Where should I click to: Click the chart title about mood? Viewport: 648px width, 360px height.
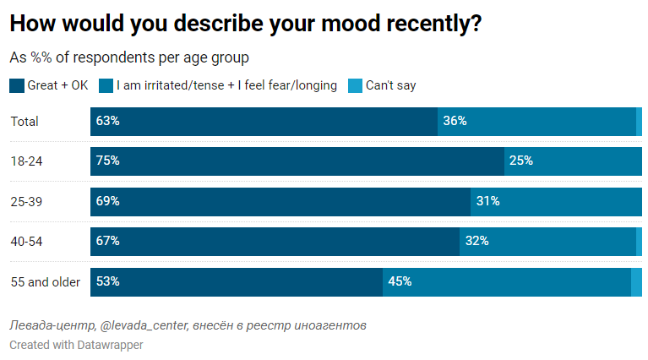[246, 25]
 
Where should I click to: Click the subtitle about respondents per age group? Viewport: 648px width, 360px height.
[128, 58]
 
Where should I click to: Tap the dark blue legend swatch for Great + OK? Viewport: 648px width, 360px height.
[16, 85]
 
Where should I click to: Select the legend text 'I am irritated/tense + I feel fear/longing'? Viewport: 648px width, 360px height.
[226, 85]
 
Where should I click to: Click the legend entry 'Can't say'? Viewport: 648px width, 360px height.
[390, 85]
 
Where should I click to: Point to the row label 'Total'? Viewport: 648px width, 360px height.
[25, 122]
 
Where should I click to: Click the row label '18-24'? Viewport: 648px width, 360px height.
[25, 161]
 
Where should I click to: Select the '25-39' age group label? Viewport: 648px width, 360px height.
[26, 201]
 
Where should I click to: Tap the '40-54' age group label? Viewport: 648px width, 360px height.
[26, 242]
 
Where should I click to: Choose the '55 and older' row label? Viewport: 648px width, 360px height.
[45, 282]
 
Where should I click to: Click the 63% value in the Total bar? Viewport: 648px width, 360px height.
[108, 122]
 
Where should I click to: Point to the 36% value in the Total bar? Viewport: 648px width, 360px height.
[455, 122]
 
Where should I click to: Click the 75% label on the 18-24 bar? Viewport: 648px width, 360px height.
[108, 161]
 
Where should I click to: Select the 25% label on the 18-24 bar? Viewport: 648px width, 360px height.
[520, 161]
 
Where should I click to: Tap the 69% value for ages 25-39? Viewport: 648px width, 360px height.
[108, 201]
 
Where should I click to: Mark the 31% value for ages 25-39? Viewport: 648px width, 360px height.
[487, 201]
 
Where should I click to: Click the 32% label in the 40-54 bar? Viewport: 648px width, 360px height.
[476, 242]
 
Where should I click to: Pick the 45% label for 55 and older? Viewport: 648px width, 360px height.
[400, 282]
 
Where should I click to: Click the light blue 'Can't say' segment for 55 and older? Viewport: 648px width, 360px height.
[636, 282]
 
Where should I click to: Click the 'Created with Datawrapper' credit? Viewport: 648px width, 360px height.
[76, 345]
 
